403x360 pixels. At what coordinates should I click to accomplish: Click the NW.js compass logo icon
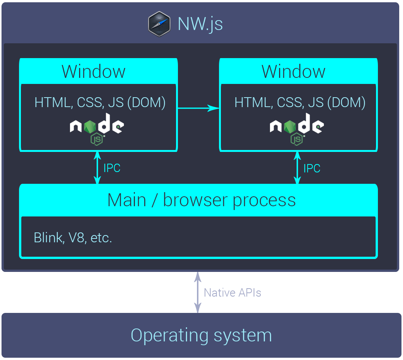click(159, 24)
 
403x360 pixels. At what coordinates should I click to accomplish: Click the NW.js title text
click(200, 24)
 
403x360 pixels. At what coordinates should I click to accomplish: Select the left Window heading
click(94, 71)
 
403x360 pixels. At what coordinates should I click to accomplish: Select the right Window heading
click(294, 71)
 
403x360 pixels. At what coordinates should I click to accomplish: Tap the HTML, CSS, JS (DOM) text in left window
click(100, 103)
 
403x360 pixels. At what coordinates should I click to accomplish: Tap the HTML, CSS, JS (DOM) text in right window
click(300, 103)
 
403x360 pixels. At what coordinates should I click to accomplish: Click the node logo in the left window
click(97, 129)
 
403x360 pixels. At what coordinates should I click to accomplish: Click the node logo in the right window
click(297, 129)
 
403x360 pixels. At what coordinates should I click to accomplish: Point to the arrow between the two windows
click(198, 108)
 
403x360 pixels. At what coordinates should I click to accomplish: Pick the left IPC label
click(112, 168)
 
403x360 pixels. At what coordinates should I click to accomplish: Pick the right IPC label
click(312, 169)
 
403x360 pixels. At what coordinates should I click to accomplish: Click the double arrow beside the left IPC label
click(97, 168)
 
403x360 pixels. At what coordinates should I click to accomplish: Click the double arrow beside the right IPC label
click(297, 168)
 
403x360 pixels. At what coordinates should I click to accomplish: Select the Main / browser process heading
click(201, 200)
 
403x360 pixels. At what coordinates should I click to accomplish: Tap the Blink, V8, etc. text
click(73, 238)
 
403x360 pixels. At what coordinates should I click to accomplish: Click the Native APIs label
click(232, 293)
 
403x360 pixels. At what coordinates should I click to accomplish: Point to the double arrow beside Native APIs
click(198, 292)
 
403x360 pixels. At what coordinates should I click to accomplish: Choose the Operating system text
click(201, 336)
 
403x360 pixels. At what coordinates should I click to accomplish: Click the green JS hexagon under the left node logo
click(97, 139)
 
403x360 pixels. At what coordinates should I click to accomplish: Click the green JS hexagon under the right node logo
click(297, 139)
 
